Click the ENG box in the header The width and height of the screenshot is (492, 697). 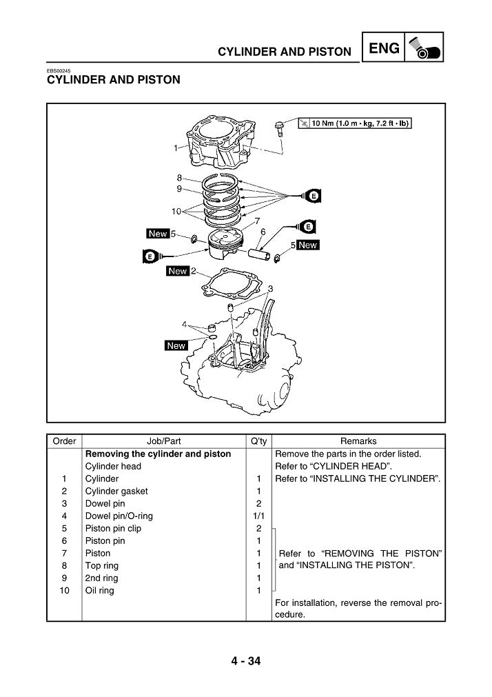coord(384,49)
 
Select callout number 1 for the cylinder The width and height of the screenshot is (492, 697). coord(176,148)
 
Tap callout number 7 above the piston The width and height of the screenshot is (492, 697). coord(257,221)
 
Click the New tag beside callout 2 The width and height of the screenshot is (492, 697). coord(178,271)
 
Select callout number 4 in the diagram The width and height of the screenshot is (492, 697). coord(185,323)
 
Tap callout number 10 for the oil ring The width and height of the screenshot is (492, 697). coord(176,210)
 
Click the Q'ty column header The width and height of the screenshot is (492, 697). coord(257,441)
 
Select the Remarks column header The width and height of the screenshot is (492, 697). coord(358,441)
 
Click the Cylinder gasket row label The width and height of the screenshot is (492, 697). coord(116,491)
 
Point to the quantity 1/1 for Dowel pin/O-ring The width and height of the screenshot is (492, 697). coord(257,516)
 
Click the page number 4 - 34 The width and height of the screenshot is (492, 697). coord(245,662)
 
